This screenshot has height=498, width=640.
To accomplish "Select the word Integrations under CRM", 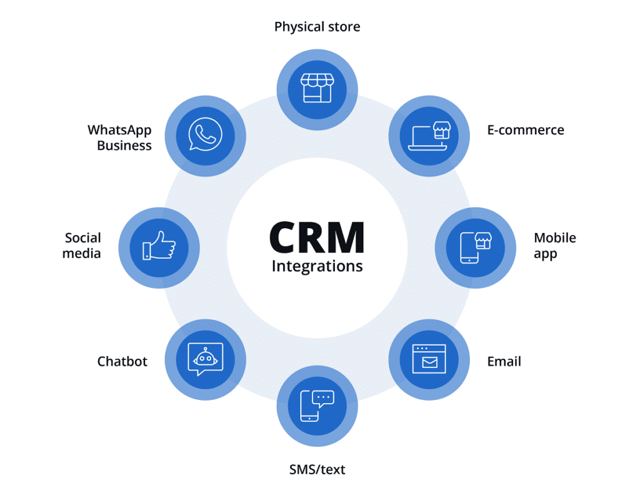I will tap(317, 267).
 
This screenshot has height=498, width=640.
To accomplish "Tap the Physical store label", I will tap(317, 27).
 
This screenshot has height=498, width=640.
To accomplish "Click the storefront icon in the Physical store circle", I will tap(317, 87).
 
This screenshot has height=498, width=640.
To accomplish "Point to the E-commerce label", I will tap(525, 130).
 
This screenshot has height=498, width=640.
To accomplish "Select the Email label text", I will tap(504, 361).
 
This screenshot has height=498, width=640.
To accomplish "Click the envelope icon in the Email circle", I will tap(429, 362).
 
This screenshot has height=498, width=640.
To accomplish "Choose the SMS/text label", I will tap(317, 469).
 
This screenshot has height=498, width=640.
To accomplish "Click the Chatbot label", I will tap(122, 361).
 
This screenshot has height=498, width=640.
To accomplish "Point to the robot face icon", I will tap(205, 359).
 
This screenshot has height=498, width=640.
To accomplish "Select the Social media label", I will tap(82, 246).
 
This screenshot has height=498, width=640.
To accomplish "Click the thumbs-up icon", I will tap(158, 246).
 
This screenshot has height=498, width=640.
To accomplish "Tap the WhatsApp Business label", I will tap(119, 137).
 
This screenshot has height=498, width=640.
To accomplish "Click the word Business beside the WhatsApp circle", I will tap(124, 146).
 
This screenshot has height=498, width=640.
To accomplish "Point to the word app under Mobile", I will tap(545, 254).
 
